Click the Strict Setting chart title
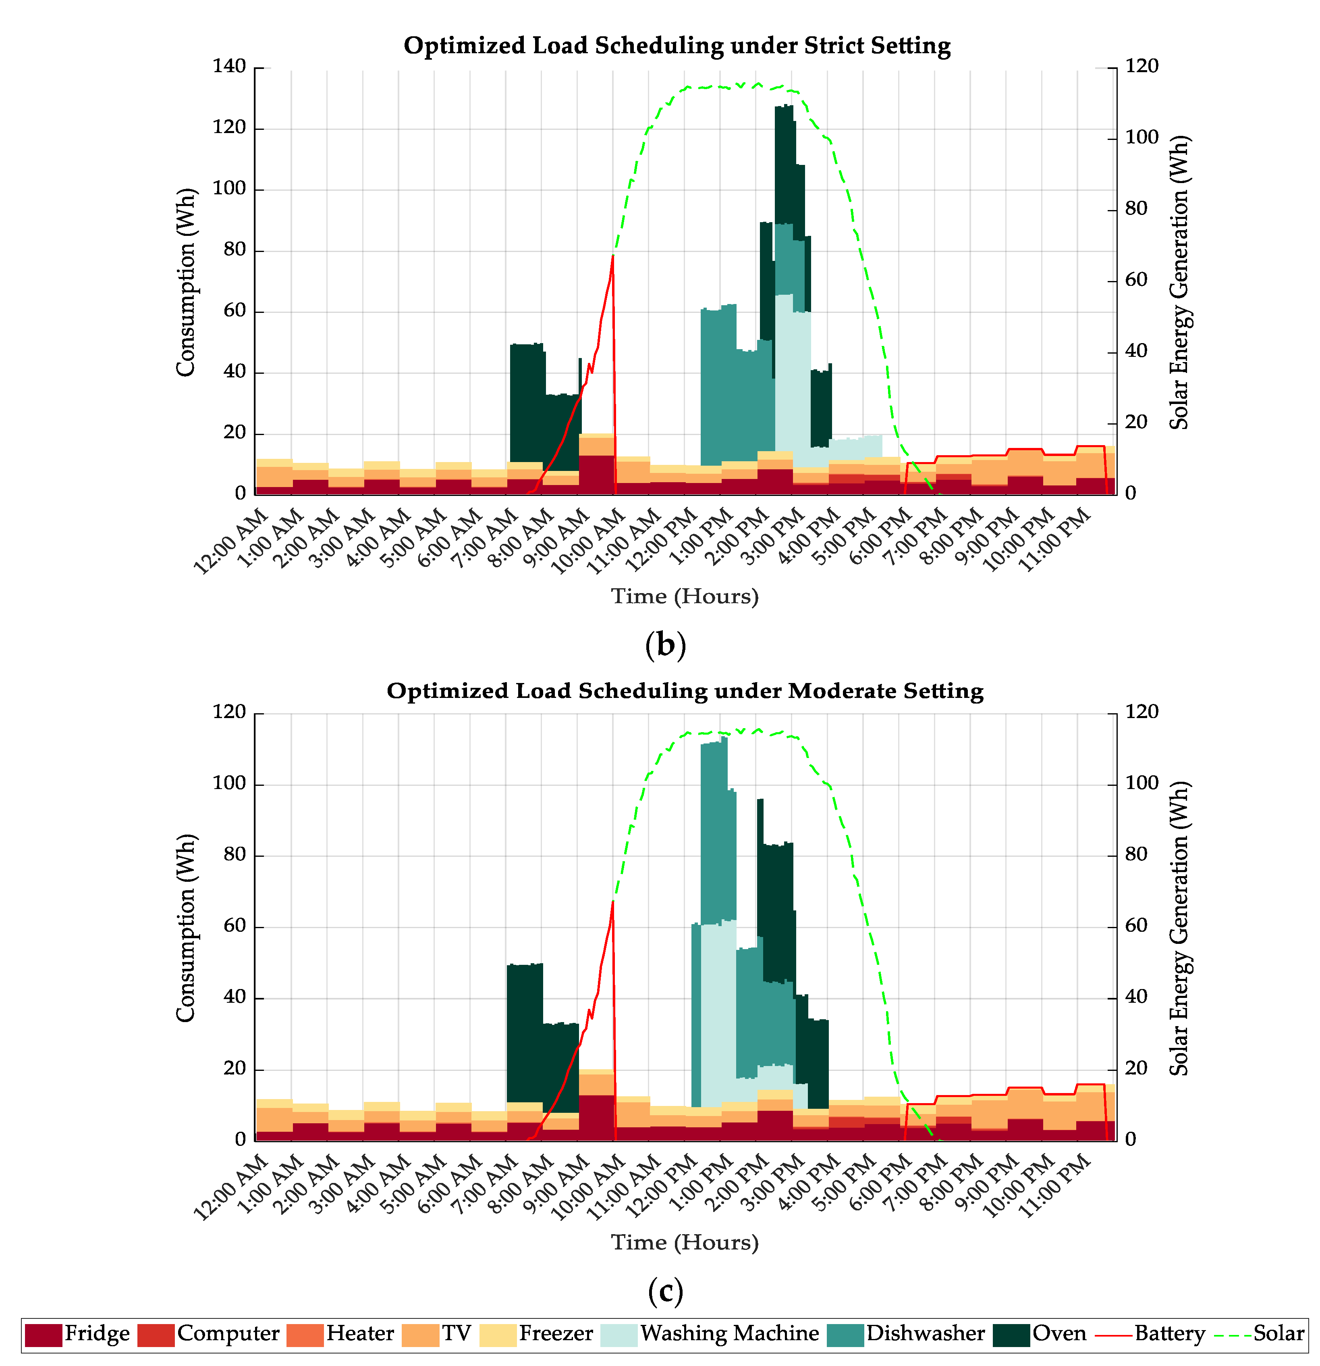click(x=677, y=46)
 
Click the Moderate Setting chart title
click(x=685, y=691)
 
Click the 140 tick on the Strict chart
click(x=229, y=67)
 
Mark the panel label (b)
click(x=665, y=645)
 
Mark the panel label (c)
click(x=665, y=1291)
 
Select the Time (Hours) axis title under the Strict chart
click(x=685, y=597)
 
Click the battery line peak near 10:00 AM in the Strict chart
click(x=612, y=256)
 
